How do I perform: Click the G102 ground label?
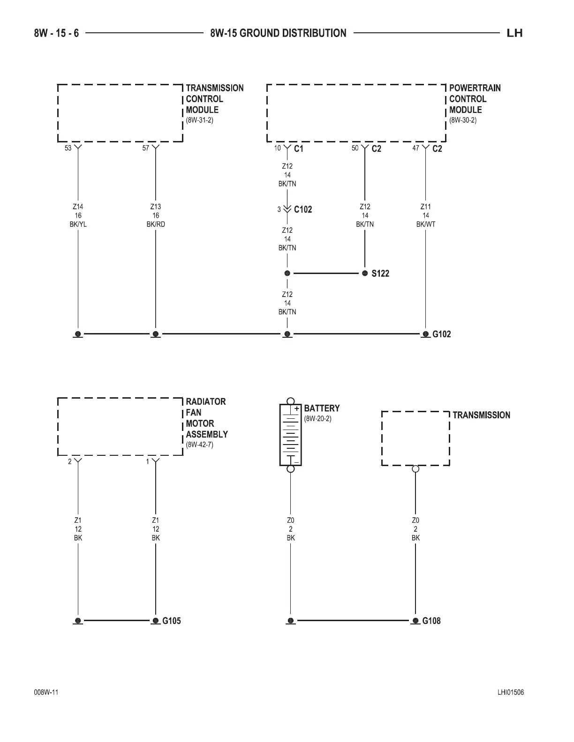(x=441, y=334)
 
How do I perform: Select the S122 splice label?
(x=380, y=274)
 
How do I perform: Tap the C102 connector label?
(x=302, y=209)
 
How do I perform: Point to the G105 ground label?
(x=171, y=621)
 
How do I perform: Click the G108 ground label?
(x=431, y=621)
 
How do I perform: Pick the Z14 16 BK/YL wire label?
(x=78, y=215)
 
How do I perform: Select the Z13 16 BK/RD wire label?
(x=156, y=215)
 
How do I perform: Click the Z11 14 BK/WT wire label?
(x=426, y=215)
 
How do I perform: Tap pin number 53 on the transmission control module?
(x=68, y=148)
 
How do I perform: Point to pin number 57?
(x=146, y=148)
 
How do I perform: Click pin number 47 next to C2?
(x=415, y=148)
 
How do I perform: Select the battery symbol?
(x=291, y=435)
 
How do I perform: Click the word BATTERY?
(x=322, y=408)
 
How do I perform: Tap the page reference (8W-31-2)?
(x=200, y=120)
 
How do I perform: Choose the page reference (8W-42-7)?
(x=200, y=445)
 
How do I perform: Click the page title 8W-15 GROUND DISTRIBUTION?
(x=278, y=33)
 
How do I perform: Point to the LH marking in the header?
(x=514, y=33)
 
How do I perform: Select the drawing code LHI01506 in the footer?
(x=511, y=693)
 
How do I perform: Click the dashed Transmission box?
(x=415, y=438)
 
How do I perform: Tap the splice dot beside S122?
(x=365, y=274)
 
